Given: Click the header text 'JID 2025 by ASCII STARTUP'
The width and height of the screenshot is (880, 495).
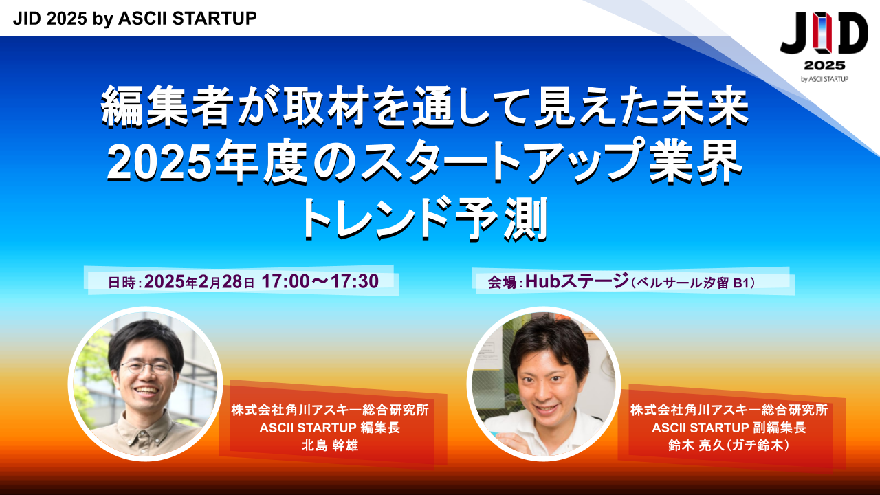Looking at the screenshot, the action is pos(135,19).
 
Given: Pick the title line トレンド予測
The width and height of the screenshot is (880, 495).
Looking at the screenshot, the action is pos(424,218).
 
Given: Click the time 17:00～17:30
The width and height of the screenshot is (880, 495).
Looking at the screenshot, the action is pos(320,281).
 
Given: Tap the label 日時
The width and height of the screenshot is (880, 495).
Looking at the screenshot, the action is pos(122,283).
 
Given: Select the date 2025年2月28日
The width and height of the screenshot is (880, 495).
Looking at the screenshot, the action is pos(199,282).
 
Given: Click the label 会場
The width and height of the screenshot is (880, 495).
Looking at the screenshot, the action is pos(502,283).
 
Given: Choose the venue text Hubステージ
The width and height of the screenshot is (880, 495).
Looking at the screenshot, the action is pos(577,281).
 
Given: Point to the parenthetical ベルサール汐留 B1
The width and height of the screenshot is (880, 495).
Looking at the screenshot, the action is pos(692,283).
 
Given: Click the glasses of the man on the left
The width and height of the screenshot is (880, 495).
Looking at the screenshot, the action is pos(146,368).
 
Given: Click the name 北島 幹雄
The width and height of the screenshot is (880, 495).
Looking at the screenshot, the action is pos(330,445).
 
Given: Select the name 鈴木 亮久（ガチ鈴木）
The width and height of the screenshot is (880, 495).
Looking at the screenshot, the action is pos(729,445).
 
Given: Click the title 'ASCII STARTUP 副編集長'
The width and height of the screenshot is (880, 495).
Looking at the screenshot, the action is pos(729,428).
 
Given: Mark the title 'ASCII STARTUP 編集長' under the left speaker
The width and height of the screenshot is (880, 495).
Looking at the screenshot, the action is pos(330,428).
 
